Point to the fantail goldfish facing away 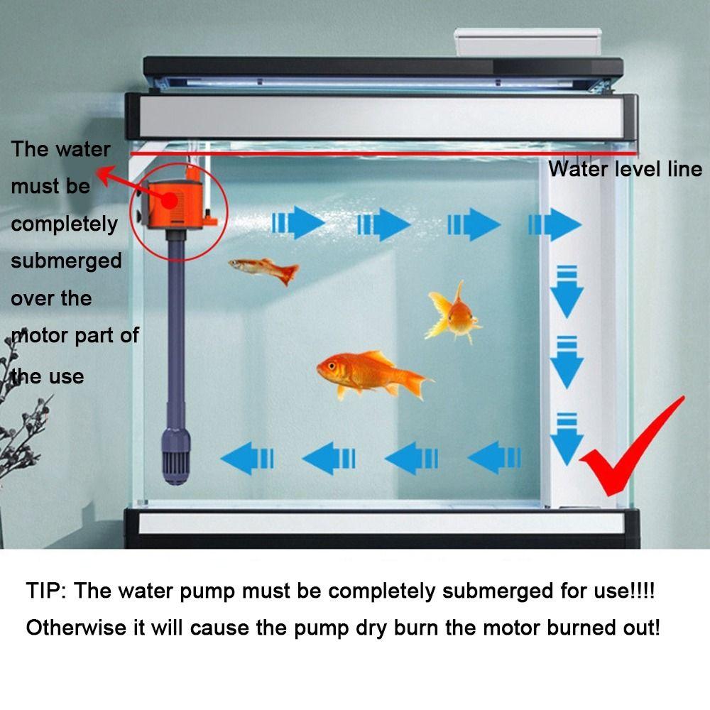tap(453, 312)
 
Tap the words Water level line tap(625, 169)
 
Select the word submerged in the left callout tap(66, 261)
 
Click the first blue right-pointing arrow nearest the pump tap(298, 224)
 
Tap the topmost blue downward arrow tap(566, 291)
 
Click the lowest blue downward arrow tap(566, 439)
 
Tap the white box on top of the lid tap(527, 43)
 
